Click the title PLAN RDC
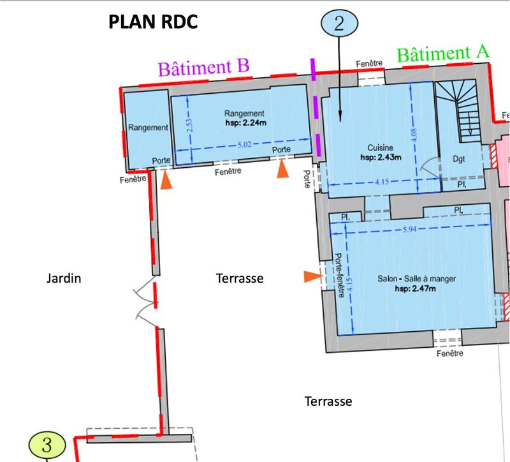click(152, 22)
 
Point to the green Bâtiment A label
click(443, 54)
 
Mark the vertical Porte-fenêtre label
click(340, 275)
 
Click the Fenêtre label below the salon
click(451, 353)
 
